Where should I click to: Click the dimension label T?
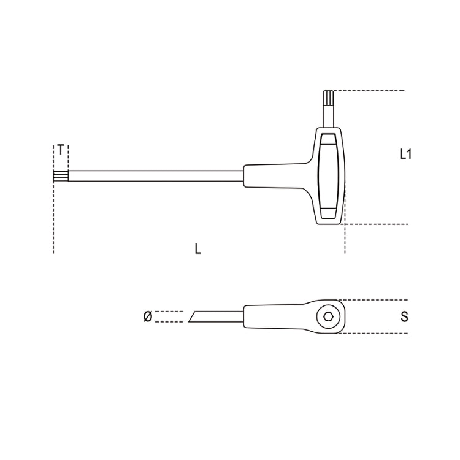61,149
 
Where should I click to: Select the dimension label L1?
405,154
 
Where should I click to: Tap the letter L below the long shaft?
197,249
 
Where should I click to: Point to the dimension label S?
404,317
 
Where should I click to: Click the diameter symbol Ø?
147,316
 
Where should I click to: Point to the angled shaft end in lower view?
195,316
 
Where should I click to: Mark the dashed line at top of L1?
368,91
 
